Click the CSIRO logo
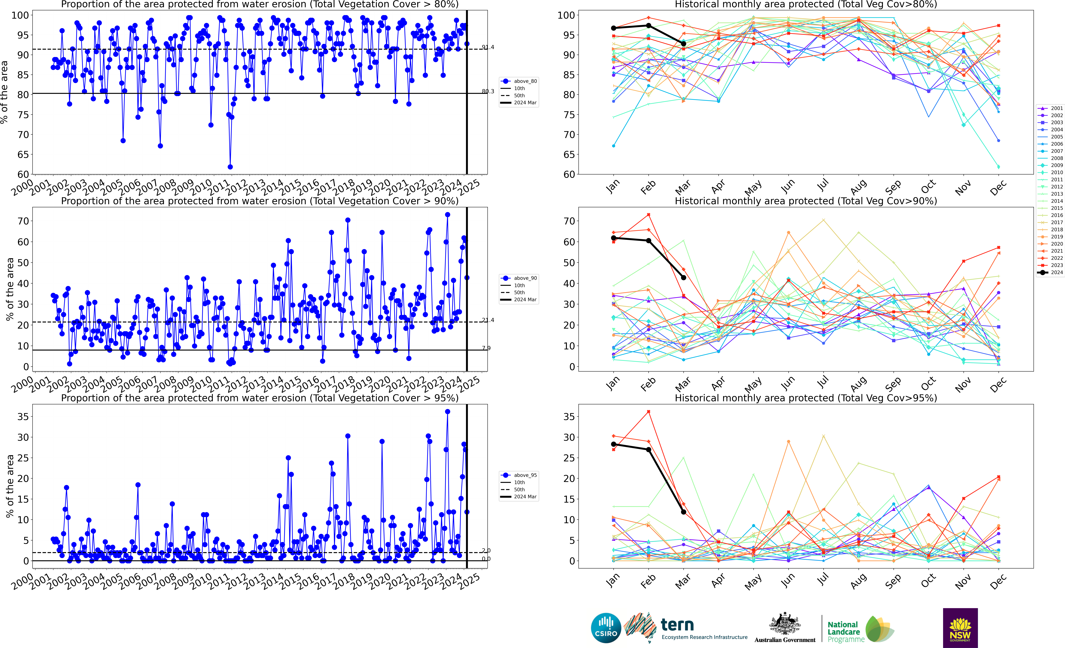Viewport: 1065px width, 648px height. click(x=606, y=628)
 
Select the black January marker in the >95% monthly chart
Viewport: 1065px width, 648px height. click(x=613, y=444)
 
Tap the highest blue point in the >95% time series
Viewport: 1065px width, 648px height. click(x=447, y=412)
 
